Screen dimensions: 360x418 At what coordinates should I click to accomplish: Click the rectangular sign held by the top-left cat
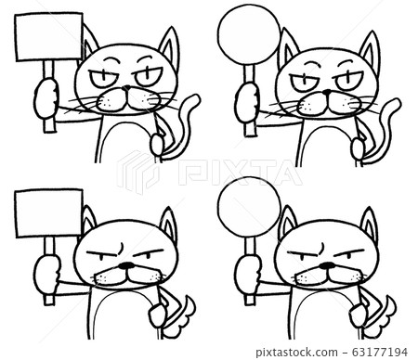tap(48, 36)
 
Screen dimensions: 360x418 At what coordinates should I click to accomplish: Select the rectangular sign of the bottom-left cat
tap(48, 212)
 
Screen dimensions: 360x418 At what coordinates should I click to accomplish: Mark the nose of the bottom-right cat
tap(327, 265)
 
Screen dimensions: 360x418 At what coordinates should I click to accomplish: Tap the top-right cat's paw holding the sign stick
tap(247, 102)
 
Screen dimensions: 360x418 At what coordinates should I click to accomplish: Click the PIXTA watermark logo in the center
tap(208, 172)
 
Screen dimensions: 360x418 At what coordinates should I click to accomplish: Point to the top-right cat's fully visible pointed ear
tap(370, 50)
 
